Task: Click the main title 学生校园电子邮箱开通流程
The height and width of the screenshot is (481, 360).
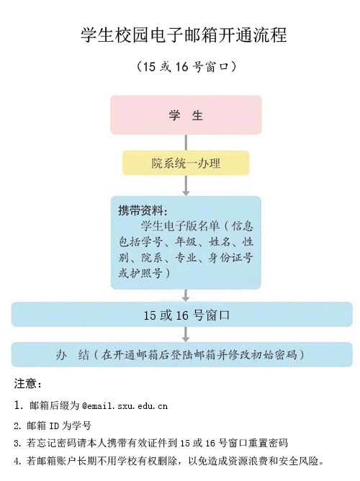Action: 184,35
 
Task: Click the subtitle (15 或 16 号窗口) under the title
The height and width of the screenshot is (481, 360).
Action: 186,66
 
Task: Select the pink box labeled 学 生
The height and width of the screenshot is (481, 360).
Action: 186,114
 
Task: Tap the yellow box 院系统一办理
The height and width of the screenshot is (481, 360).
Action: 186,163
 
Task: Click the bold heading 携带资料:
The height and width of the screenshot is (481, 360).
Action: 143,211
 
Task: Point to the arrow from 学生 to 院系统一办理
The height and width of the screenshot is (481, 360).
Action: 186,143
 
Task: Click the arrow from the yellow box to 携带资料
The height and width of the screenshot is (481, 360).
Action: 186,185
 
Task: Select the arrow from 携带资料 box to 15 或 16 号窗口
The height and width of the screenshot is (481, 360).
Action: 186,295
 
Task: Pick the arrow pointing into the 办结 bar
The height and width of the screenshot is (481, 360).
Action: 185,334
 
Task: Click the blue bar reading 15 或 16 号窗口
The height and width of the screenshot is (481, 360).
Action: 182,315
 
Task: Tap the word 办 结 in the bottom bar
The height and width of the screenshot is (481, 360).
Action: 73,355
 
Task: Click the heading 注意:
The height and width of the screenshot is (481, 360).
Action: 27,384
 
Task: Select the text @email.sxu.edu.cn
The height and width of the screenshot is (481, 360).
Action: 125,406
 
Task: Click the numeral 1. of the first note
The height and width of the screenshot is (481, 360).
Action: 19,405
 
